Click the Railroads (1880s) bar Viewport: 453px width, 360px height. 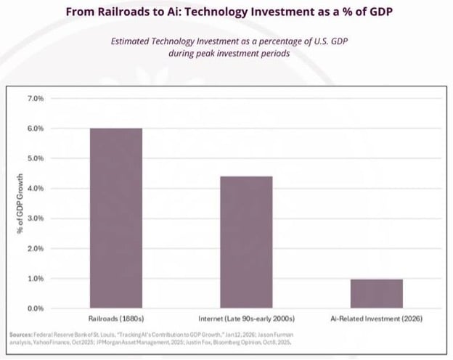[115, 218]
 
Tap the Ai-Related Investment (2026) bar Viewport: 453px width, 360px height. [376, 293]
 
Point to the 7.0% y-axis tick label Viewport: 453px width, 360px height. [35, 98]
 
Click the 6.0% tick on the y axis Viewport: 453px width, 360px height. [35, 128]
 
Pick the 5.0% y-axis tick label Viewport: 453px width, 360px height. [35, 158]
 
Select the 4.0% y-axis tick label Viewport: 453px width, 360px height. [35, 189]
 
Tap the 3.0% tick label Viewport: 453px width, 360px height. [35, 218]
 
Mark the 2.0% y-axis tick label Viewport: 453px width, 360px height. [35, 249]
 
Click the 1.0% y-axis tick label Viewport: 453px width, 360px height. [35, 279]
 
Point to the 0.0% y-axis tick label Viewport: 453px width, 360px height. [35, 309]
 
